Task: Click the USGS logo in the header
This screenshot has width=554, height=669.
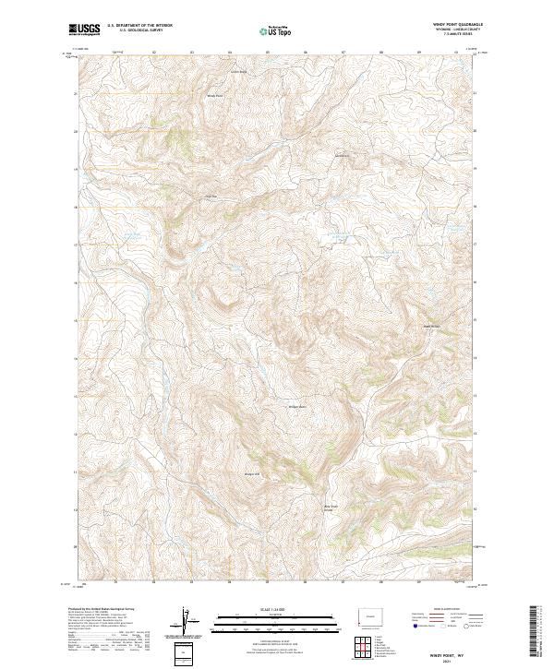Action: click(x=85, y=30)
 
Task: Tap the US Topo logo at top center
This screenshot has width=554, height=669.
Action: click(x=277, y=30)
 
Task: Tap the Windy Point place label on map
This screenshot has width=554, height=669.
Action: click(x=214, y=95)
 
